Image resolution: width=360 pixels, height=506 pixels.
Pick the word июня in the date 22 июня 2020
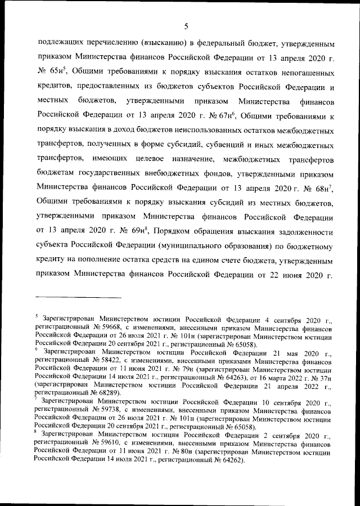click(283, 276)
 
